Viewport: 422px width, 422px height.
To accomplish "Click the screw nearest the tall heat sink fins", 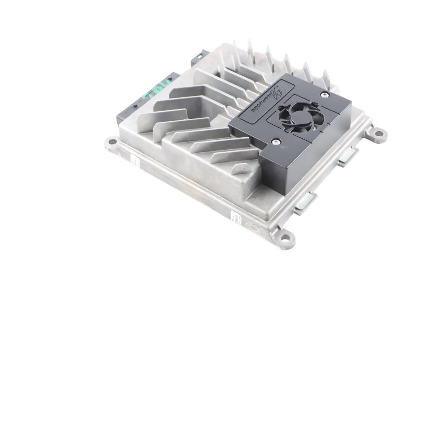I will [324, 94].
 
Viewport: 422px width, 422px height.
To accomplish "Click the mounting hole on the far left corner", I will [111, 142].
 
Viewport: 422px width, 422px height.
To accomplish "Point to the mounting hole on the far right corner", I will [378, 133].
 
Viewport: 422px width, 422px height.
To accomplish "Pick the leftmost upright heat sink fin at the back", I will [235, 49].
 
